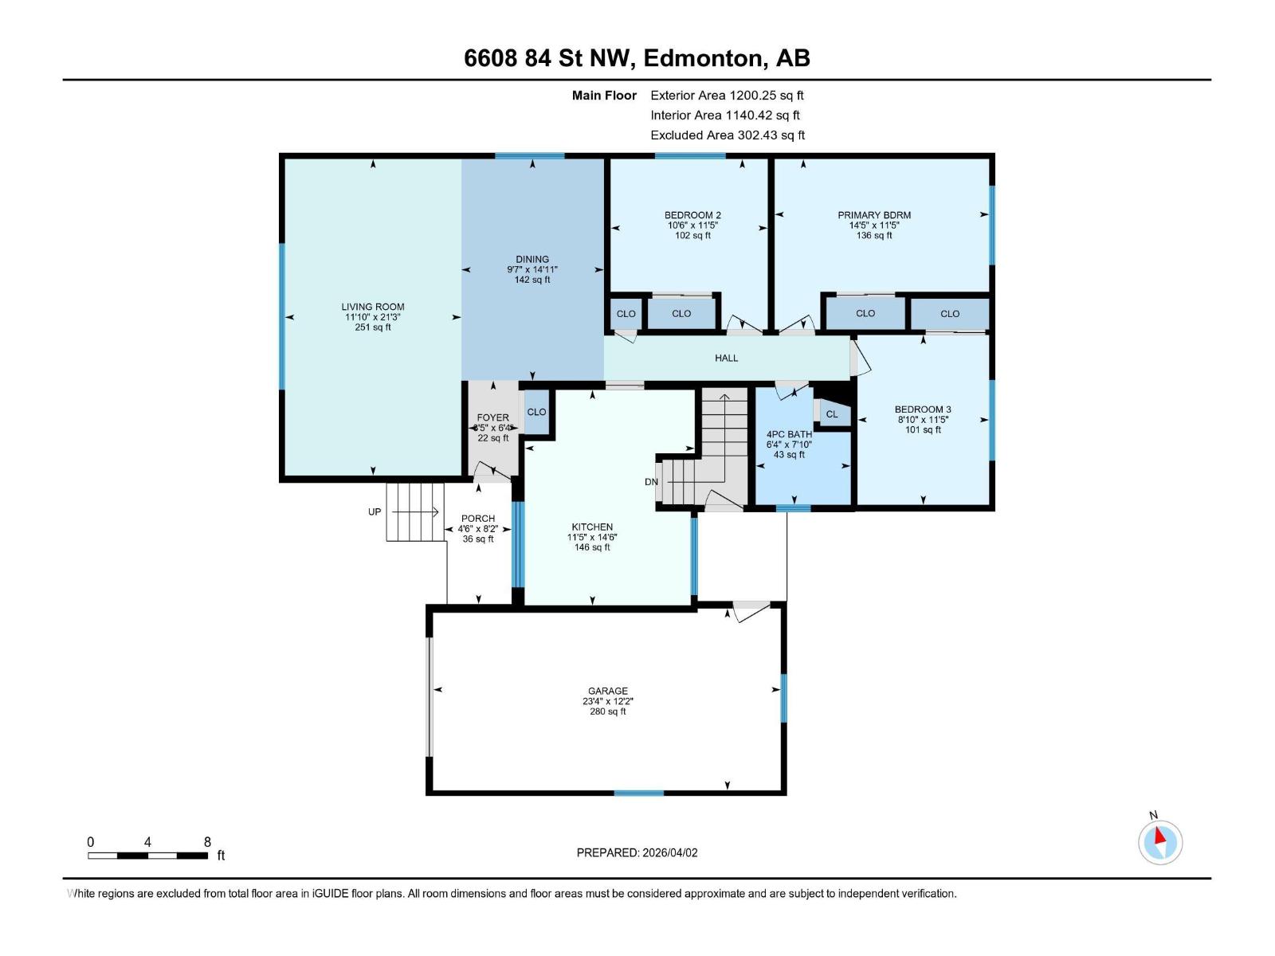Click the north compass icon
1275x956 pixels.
[1160, 842]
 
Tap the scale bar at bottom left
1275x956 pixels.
[148, 856]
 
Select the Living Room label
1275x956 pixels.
[373, 307]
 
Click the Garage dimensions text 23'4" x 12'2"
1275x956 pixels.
[608, 702]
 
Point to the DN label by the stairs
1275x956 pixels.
[651, 482]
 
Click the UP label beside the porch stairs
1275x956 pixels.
[375, 511]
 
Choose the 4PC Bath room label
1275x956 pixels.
[789, 434]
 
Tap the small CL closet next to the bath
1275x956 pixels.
[832, 414]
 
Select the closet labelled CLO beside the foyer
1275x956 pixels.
[536, 412]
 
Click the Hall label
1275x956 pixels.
[726, 358]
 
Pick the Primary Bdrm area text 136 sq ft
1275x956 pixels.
[874, 236]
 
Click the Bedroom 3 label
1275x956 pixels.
[923, 409]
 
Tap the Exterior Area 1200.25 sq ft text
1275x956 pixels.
[727, 95]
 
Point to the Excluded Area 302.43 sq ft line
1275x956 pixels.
[727, 135]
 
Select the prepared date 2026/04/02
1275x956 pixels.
[637, 852]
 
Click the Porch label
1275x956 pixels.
[478, 519]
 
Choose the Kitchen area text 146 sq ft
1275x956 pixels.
[592, 547]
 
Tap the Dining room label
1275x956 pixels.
[532, 259]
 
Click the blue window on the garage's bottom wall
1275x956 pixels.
[638, 793]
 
